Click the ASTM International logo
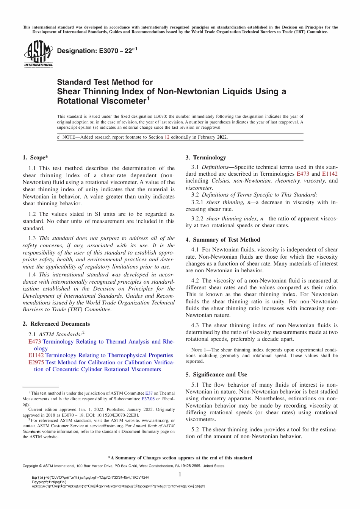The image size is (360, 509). point(38,54)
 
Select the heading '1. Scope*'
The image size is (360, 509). point(35,158)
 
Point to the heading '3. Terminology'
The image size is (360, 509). point(205,158)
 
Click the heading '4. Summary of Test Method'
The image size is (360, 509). point(222,240)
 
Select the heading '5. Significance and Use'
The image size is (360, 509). point(216,375)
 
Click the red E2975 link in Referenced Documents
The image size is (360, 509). point(36,362)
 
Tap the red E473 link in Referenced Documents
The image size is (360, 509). point(34,342)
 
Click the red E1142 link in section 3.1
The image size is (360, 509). point(330,174)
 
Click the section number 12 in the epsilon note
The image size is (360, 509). point(167,137)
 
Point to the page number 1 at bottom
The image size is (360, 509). point(180,475)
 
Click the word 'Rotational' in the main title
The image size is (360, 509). point(78,101)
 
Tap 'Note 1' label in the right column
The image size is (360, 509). point(199,350)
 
